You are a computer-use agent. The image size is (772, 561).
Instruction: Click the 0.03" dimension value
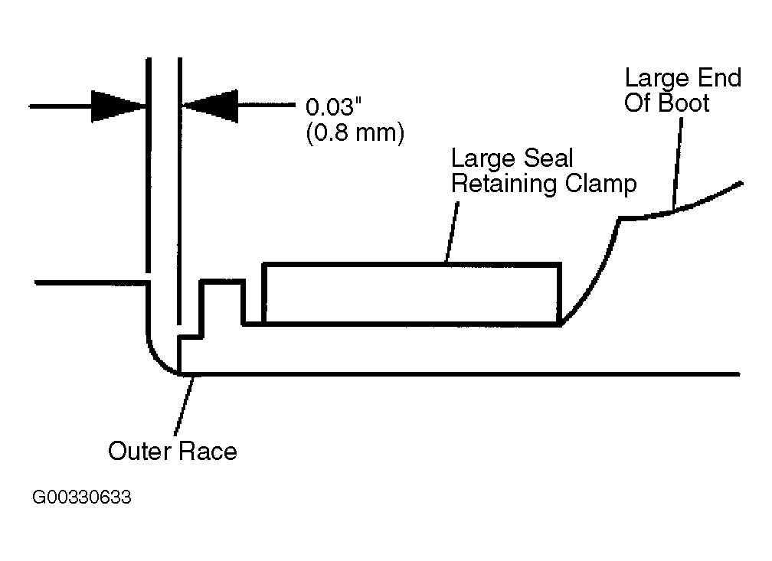[333, 107]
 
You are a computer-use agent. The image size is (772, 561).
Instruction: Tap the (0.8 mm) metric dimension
[355, 133]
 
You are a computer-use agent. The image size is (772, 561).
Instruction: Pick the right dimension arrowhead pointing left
[210, 106]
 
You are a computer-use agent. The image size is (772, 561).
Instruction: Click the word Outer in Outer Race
[140, 452]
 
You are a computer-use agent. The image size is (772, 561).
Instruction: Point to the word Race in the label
[208, 452]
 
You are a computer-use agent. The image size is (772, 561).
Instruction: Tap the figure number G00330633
[82, 497]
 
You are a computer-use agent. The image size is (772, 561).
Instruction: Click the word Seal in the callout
[548, 158]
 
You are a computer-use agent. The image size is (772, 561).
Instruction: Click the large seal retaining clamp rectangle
[411, 265]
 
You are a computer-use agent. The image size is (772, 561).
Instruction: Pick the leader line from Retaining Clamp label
[453, 231]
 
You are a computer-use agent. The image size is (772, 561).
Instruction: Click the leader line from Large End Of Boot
[678, 165]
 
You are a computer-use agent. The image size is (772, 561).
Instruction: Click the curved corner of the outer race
[155, 357]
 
